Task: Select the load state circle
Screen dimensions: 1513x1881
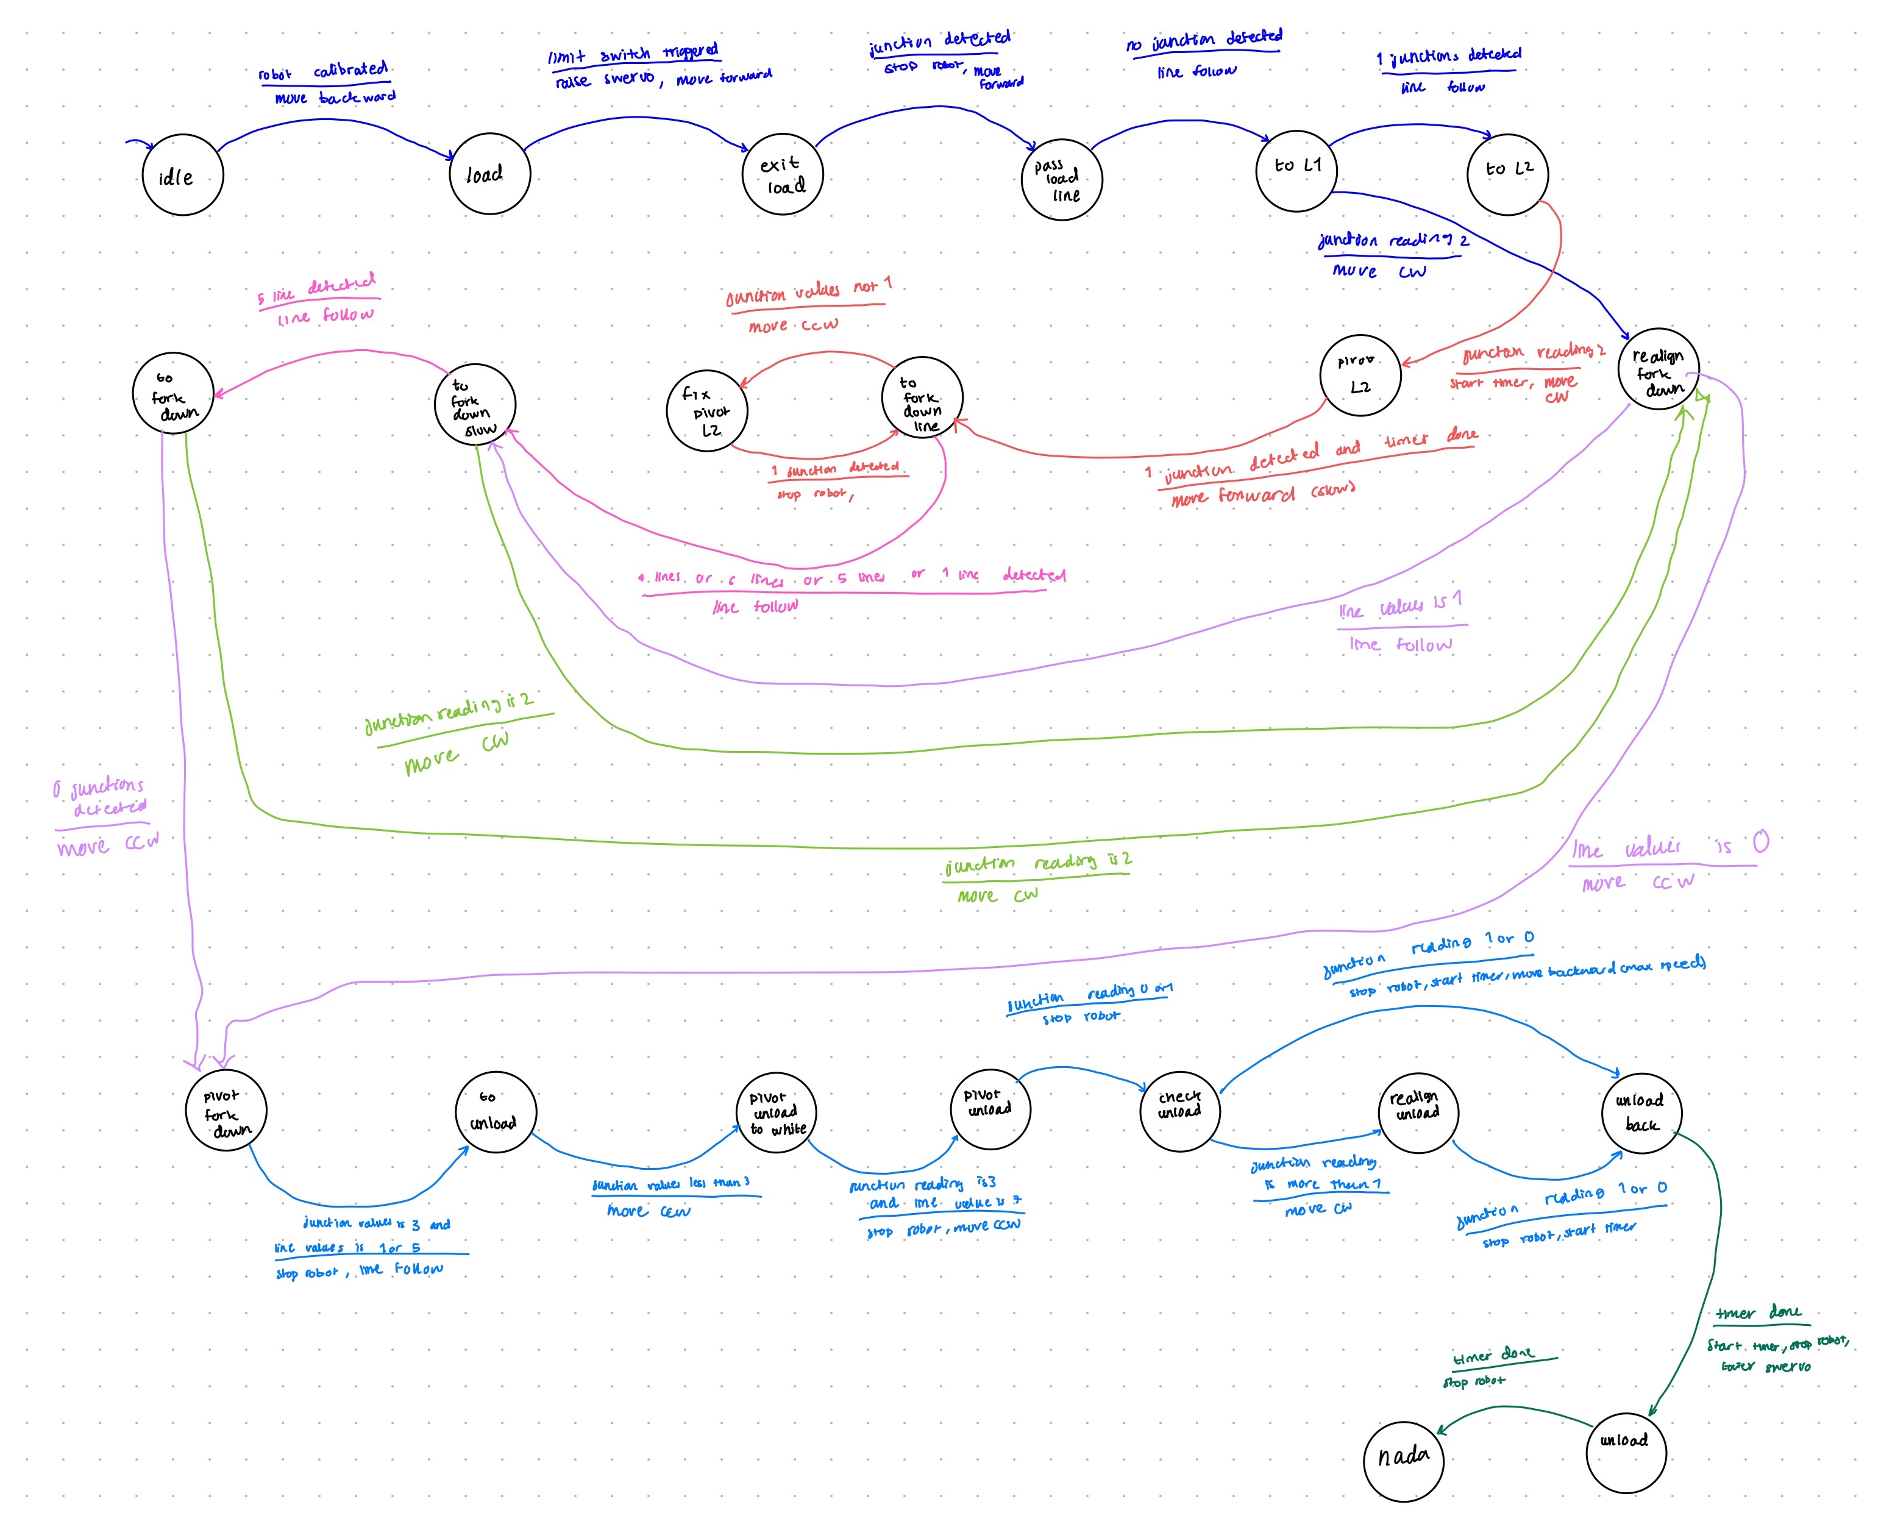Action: [x=489, y=174]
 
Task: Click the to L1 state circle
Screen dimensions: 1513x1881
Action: [x=1296, y=171]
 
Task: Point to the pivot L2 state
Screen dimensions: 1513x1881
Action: [x=1360, y=375]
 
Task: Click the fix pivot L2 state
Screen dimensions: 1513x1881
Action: [x=706, y=411]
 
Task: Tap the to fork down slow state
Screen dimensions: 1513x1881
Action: [x=475, y=405]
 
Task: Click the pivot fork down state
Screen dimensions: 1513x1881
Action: [x=226, y=1110]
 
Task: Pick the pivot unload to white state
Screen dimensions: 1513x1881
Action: [x=777, y=1112]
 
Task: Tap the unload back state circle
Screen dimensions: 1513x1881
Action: [x=1641, y=1112]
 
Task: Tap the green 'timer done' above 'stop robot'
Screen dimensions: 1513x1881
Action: [x=1493, y=1356]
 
